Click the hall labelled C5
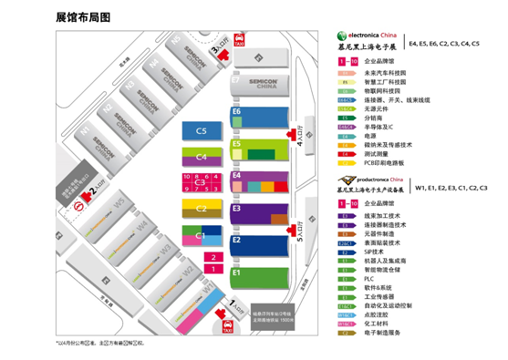202,131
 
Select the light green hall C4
202,157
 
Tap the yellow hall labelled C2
202,208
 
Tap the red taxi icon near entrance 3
239,41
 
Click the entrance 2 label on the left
90,193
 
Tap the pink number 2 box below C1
213,258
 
